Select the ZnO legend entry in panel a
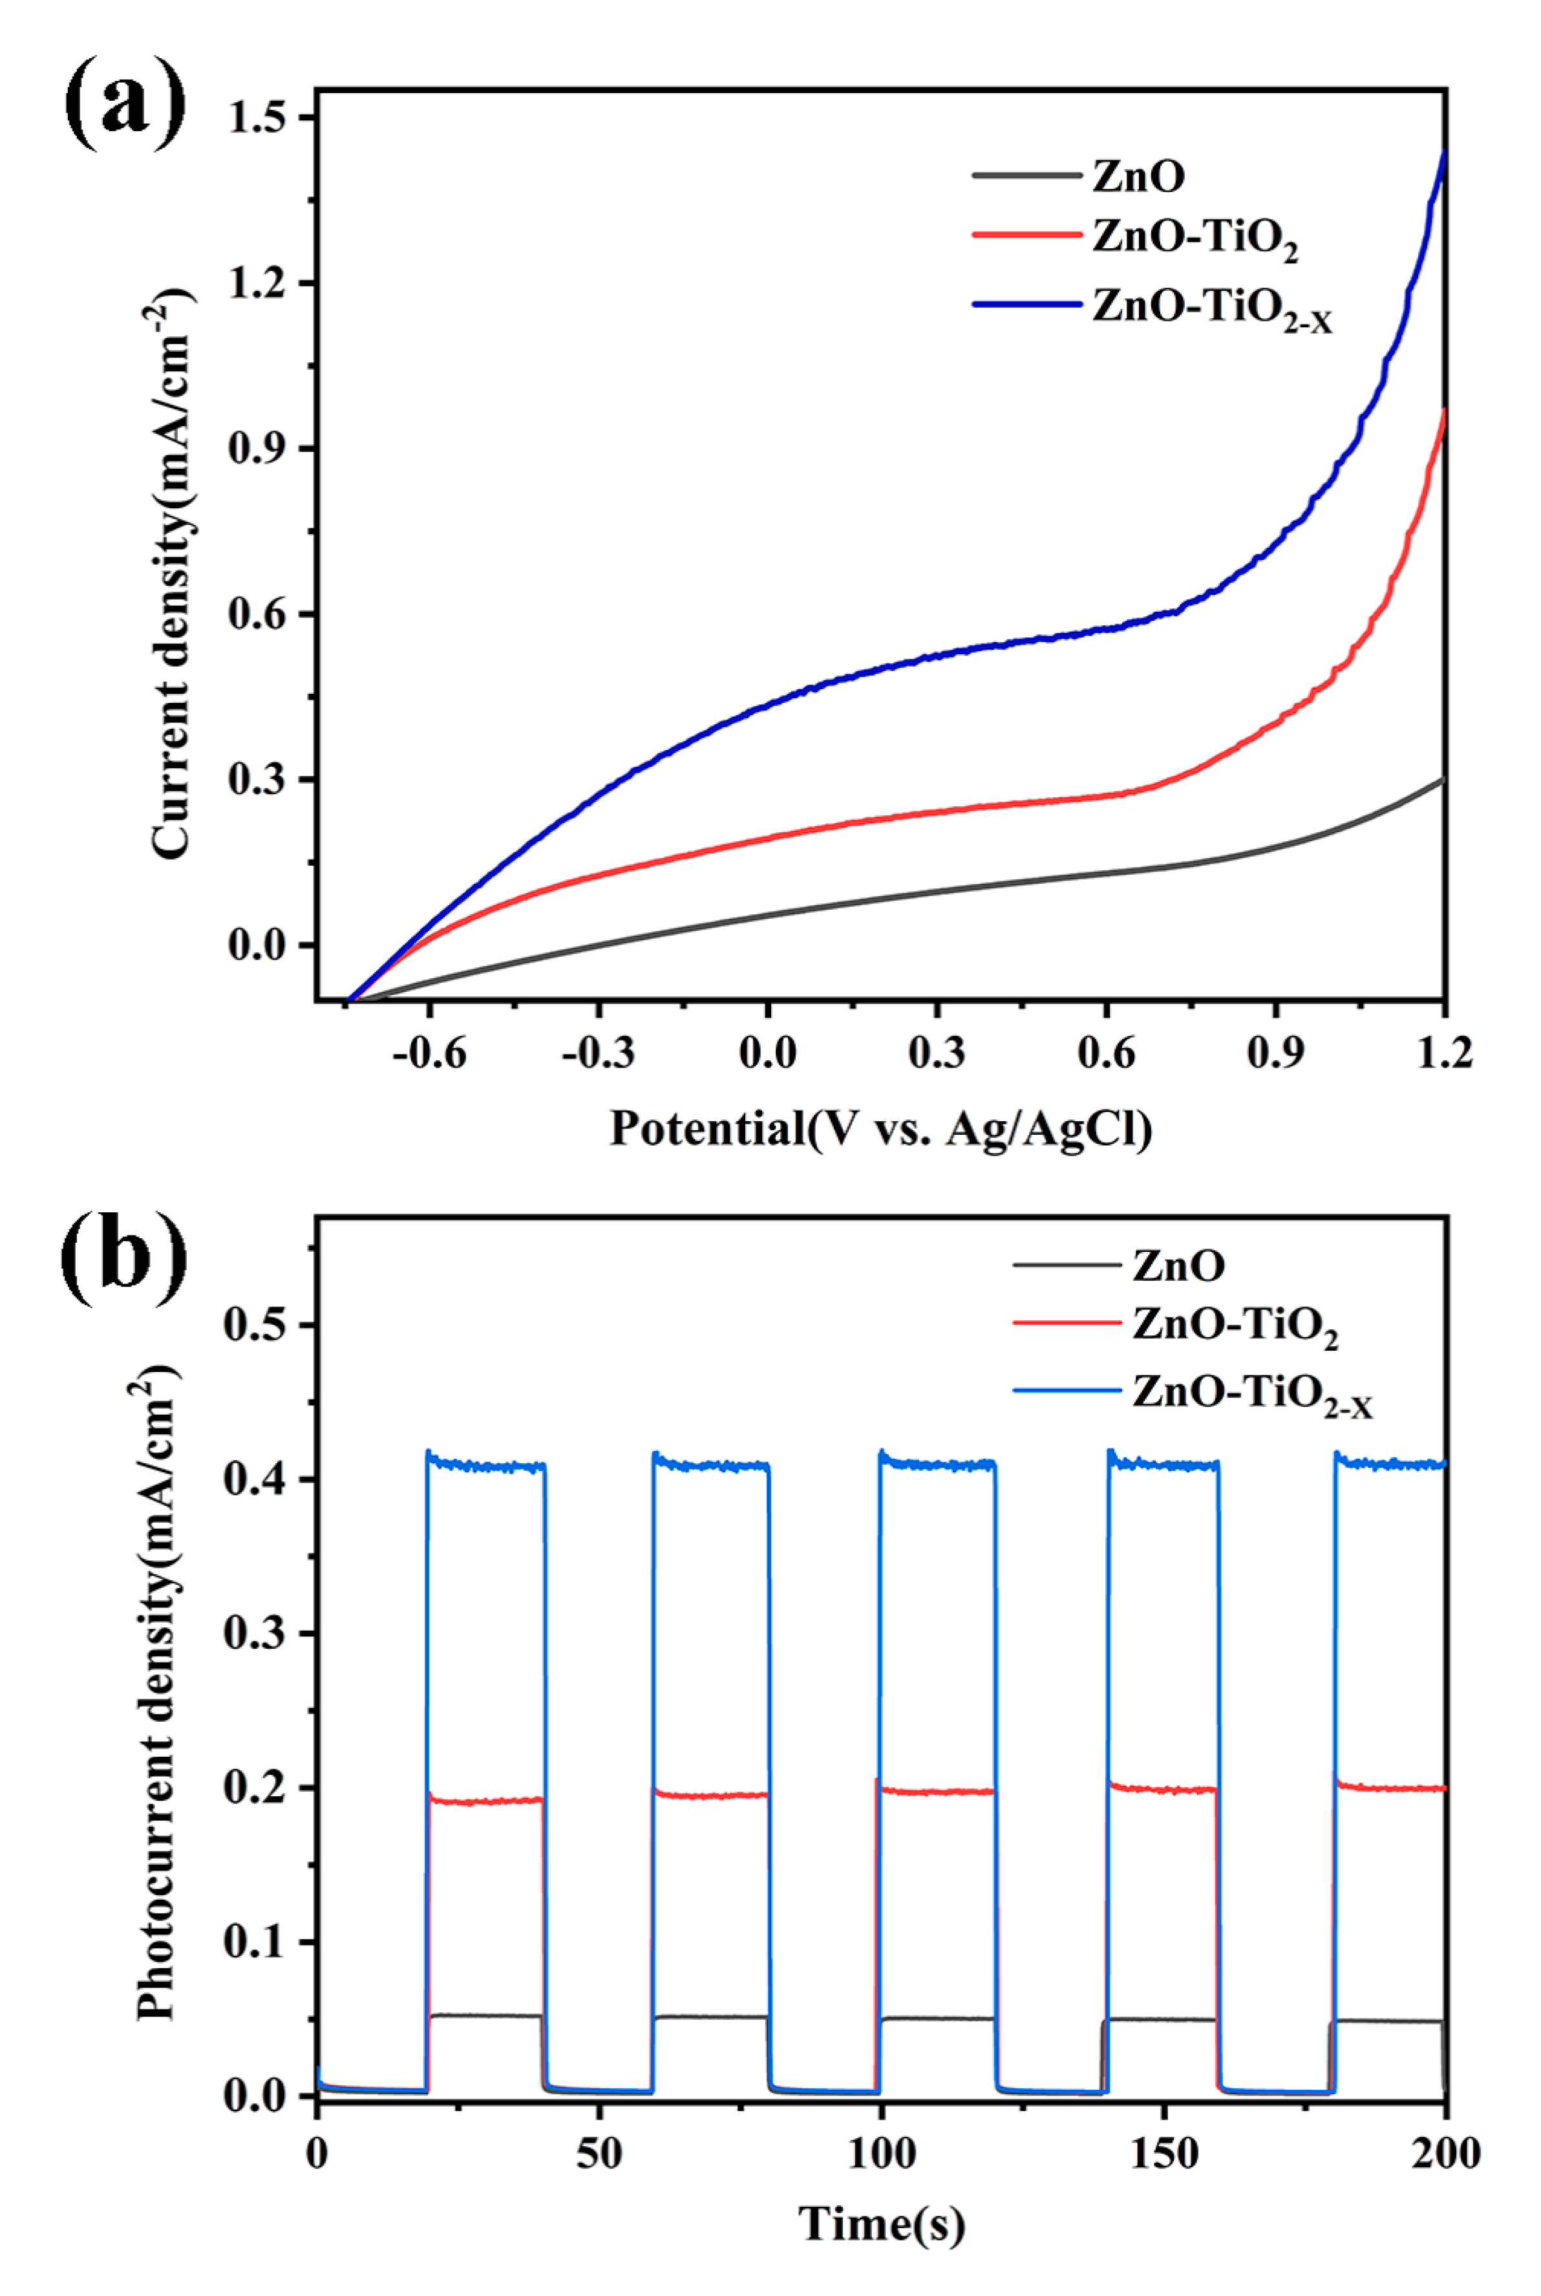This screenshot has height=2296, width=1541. (x=1138, y=176)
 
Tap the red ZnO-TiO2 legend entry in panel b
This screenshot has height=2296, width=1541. (x=1233, y=1326)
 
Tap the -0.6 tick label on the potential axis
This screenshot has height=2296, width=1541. (x=429, y=1054)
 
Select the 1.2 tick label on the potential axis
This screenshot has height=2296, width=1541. (x=1443, y=1054)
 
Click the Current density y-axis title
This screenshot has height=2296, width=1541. (x=171, y=575)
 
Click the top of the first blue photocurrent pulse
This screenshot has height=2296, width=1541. (x=485, y=1465)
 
